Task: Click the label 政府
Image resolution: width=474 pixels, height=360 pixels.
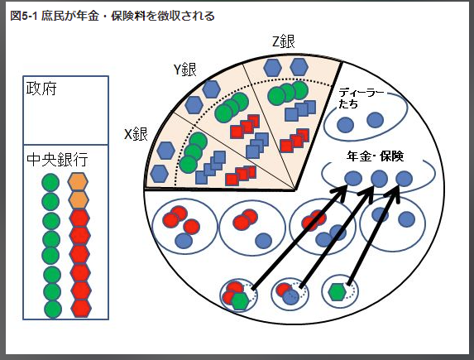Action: click(x=41, y=89)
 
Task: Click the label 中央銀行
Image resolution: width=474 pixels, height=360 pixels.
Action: click(x=57, y=160)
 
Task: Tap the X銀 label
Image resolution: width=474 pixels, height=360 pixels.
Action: click(x=136, y=134)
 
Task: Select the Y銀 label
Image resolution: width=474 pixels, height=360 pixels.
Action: click(x=185, y=70)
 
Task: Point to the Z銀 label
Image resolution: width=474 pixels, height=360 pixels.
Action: click(x=284, y=41)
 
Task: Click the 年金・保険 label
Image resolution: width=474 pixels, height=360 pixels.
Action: click(x=376, y=156)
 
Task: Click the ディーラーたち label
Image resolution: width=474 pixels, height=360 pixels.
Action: click(x=361, y=98)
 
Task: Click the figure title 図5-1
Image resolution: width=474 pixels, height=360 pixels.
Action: click(x=24, y=16)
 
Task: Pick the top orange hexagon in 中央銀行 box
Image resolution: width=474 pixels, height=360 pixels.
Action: click(x=78, y=181)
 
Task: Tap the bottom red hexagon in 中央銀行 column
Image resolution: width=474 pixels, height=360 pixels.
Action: click(x=81, y=308)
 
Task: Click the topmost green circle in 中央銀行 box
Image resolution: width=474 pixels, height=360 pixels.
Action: click(x=50, y=182)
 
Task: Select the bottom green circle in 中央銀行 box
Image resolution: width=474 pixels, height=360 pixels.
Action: click(x=53, y=310)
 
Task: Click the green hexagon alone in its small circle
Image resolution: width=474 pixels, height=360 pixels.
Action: click(x=337, y=292)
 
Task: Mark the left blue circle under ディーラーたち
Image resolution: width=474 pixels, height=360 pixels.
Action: click(x=345, y=125)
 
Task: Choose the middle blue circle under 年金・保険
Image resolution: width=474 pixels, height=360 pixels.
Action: click(x=380, y=178)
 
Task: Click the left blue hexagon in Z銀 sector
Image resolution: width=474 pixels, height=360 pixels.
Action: click(x=273, y=68)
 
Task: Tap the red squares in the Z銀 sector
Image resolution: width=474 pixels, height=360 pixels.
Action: click(x=294, y=140)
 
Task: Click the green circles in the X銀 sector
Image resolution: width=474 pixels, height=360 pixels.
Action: click(x=194, y=152)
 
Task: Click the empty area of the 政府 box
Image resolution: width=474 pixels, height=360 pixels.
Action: click(x=66, y=121)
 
